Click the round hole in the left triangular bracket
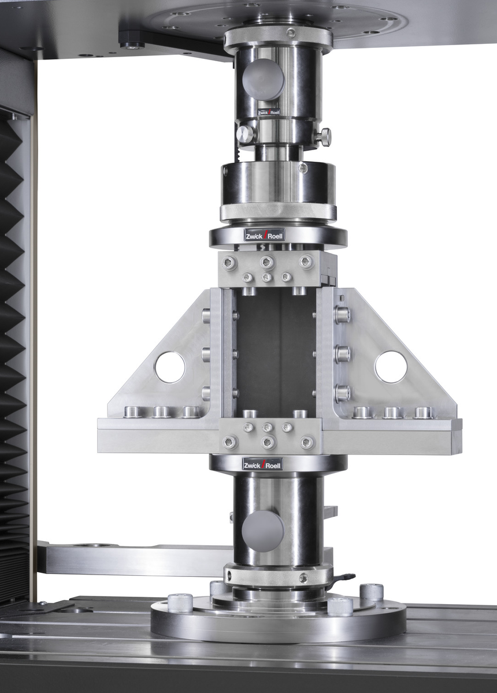170,367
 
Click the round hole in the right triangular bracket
391,367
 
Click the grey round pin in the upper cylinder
263,79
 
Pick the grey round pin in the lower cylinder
263,531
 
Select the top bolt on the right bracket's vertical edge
342,315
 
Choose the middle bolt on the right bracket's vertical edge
342,354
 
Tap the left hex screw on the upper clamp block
229,263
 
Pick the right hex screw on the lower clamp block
307,442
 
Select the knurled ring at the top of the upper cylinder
278,39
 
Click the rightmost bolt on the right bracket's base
423,412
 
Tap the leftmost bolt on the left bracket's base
132,412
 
